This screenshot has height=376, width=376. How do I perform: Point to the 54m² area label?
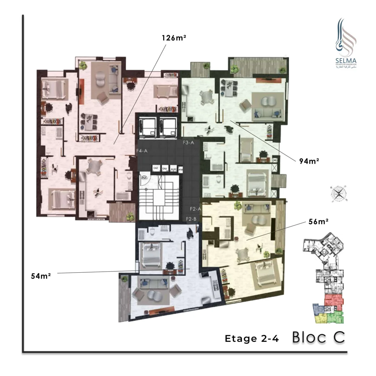41,276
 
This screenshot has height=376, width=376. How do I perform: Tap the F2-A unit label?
196,209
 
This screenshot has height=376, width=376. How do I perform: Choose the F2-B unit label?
192,219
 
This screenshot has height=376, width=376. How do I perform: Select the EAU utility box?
165,169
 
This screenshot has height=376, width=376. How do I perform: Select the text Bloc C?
319,337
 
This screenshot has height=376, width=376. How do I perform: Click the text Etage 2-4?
252,339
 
